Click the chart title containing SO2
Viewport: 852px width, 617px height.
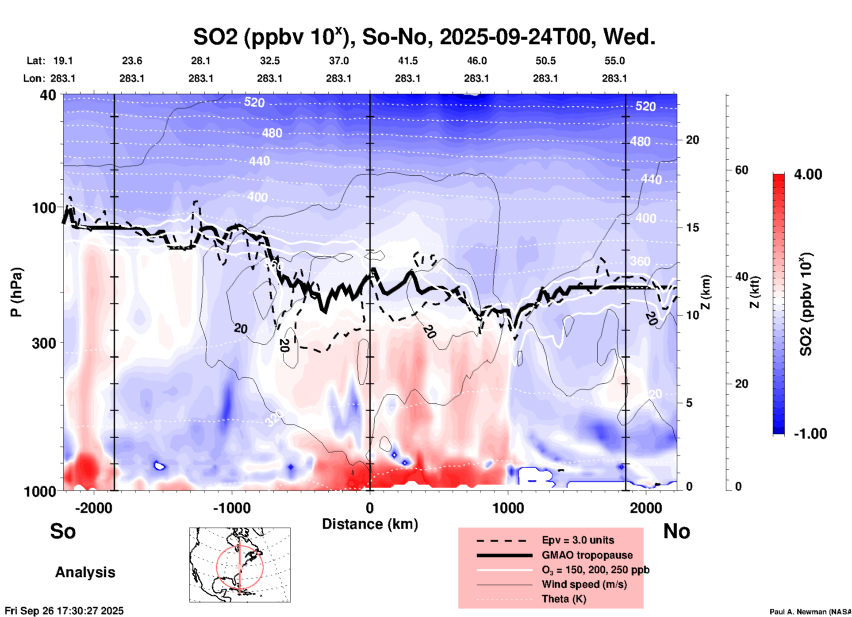click(x=424, y=37)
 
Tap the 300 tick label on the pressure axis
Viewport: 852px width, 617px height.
click(x=44, y=343)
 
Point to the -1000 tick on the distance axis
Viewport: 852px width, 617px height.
click(x=231, y=508)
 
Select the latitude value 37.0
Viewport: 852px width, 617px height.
click(x=338, y=61)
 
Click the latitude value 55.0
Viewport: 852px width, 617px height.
click(x=614, y=61)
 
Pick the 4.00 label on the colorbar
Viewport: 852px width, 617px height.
click(x=808, y=174)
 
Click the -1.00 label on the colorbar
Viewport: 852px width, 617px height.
click(x=810, y=434)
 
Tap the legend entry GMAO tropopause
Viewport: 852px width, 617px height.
click(x=587, y=555)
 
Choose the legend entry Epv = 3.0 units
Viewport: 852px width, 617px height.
click(x=577, y=540)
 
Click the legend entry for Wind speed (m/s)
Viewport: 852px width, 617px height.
click(x=584, y=584)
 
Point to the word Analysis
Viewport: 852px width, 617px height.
click(x=85, y=572)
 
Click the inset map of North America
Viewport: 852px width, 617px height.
click(x=240, y=565)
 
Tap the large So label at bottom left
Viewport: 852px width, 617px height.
click(x=63, y=531)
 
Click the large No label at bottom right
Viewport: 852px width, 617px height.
click(x=676, y=531)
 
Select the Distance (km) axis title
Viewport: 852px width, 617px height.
click(x=370, y=524)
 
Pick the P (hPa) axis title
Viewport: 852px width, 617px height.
click(x=16, y=292)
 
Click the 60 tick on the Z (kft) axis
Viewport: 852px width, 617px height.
click(x=741, y=170)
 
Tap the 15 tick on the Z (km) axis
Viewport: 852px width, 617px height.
click(x=692, y=228)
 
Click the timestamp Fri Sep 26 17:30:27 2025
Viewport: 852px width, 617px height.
click(x=64, y=611)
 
